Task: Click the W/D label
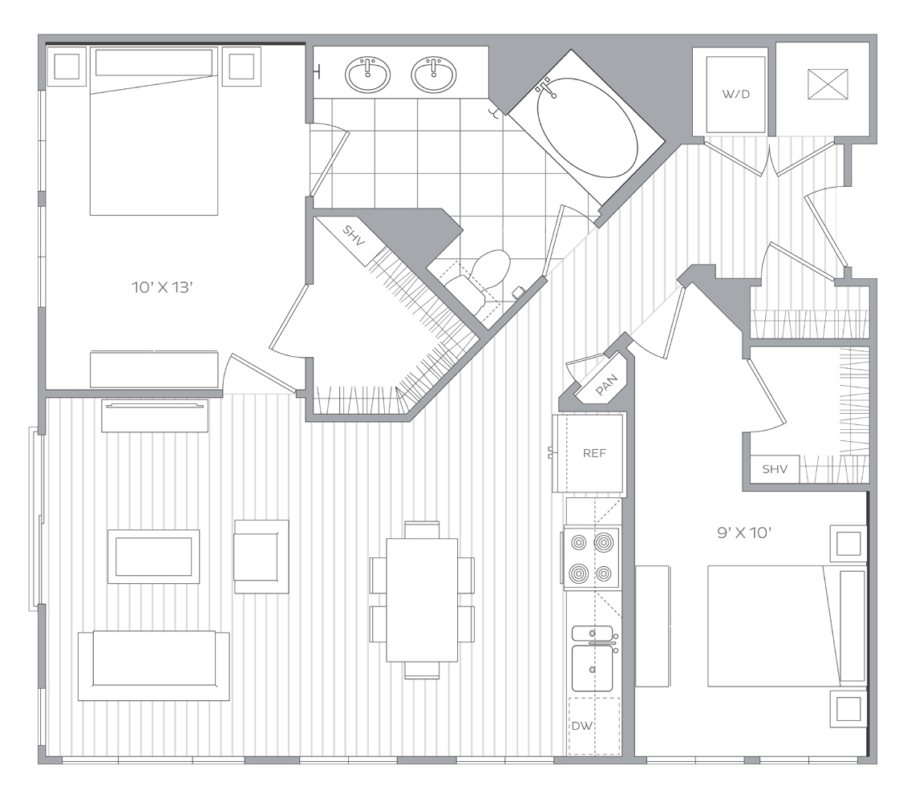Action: (x=735, y=94)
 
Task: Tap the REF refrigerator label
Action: (x=594, y=453)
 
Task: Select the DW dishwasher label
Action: (x=581, y=726)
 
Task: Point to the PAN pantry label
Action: (x=606, y=385)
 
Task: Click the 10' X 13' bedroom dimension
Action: (x=162, y=287)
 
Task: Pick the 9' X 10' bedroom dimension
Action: (x=745, y=533)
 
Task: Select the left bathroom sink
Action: (x=367, y=75)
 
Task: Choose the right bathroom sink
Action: (x=434, y=75)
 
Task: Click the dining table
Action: (x=422, y=600)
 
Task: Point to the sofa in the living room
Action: (x=153, y=665)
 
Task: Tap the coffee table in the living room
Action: (x=153, y=557)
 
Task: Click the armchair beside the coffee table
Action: (x=261, y=557)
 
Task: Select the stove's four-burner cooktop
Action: (x=592, y=558)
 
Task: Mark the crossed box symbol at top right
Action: (x=828, y=84)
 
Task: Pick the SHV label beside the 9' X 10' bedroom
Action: (x=775, y=468)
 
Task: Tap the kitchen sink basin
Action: (x=593, y=668)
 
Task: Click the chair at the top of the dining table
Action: (x=422, y=529)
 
